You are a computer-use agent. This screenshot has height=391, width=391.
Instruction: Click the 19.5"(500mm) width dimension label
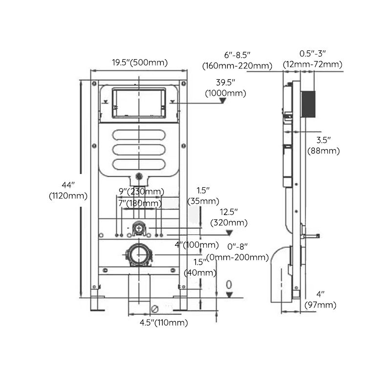(x=139, y=62)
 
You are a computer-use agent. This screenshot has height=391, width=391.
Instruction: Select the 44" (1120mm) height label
(x=68, y=191)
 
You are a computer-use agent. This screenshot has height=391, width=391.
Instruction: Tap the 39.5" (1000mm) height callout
(x=226, y=87)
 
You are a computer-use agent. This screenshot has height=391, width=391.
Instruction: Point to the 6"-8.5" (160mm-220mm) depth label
(x=237, y=61)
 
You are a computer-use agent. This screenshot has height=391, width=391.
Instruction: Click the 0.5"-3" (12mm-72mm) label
(x=312, y=59)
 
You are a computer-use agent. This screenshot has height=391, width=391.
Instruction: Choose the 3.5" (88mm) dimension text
(x=323, y=146)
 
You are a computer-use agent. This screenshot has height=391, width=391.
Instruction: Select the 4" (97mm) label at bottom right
(x=320, y=300)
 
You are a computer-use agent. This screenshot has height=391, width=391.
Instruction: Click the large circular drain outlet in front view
(x=139, y=254)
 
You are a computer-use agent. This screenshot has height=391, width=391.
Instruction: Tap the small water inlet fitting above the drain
(x=139, y=228)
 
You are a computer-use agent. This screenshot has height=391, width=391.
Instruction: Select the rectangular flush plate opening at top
(x=139, y=103)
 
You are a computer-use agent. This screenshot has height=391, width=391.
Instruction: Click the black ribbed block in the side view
(x=308, y=104)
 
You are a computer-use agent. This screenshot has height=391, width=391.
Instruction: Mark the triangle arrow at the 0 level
(x=228, y=295)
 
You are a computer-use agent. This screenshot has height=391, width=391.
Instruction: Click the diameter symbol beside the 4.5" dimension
(x=154, y=309)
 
